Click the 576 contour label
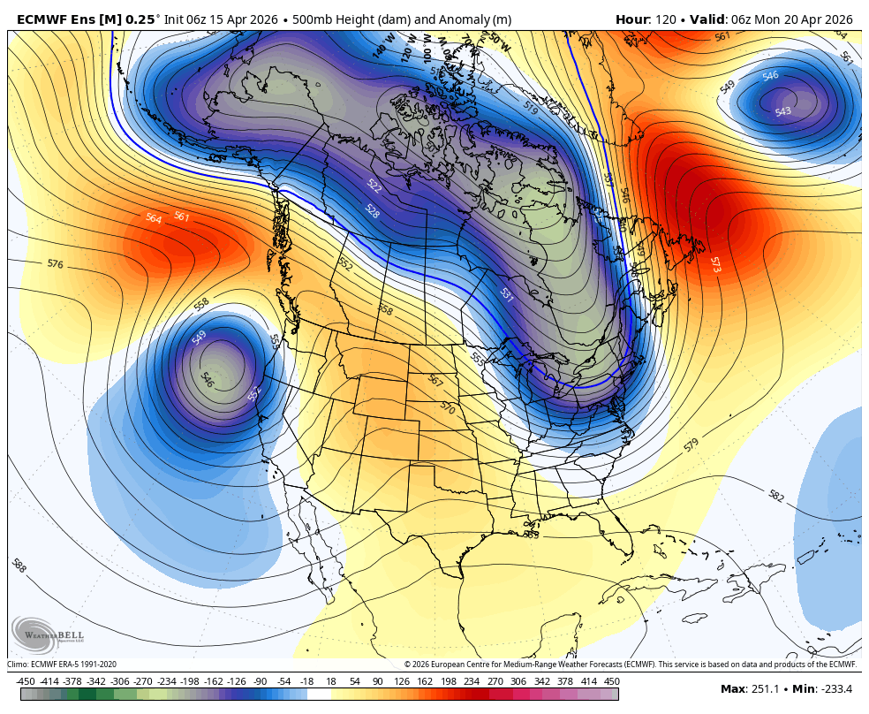(x=55, y=263)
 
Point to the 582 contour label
(x=775, y=497)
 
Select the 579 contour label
(x=691, y=445)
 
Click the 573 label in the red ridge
(x=714, y=263)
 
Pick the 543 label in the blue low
(x=782, y=112)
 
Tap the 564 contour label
(x=154, y=218)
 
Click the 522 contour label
(x=374, y=186)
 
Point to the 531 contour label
(x=506, y=295)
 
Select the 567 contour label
(x=434, y=380)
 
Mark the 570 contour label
(x=447, y=409)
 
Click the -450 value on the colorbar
(x=26, y=681)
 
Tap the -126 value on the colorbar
(x=237, y=681)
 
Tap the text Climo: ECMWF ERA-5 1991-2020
(x=62, y=665)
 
